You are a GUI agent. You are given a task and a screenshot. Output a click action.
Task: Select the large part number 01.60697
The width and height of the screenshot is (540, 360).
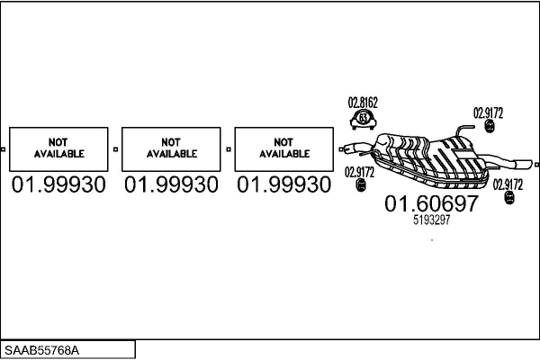coord(431,204)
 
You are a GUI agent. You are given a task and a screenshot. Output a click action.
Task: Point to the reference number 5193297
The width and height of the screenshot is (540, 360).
coord(431,220)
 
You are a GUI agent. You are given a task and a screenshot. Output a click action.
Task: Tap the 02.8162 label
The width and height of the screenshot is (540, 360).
coord(363,103)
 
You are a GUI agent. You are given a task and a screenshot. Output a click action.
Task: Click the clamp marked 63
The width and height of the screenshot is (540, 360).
coord(363,118)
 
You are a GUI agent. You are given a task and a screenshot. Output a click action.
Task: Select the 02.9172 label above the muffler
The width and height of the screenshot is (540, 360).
coord(489,112)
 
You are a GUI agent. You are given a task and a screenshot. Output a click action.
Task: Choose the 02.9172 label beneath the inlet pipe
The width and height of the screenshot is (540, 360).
coord(360,171)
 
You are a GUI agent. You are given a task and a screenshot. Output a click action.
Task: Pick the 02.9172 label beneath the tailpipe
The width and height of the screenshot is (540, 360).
coord(507,184)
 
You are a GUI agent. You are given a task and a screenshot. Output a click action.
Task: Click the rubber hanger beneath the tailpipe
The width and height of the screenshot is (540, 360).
coord(505,197)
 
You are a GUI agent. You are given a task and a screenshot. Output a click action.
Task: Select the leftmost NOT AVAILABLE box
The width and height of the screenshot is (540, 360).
coord(58,148)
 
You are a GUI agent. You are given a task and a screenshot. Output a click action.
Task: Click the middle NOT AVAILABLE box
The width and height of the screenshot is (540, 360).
coord(171,148)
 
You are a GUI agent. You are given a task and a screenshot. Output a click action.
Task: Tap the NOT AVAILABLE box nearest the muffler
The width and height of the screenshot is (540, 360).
coord(283,148)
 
